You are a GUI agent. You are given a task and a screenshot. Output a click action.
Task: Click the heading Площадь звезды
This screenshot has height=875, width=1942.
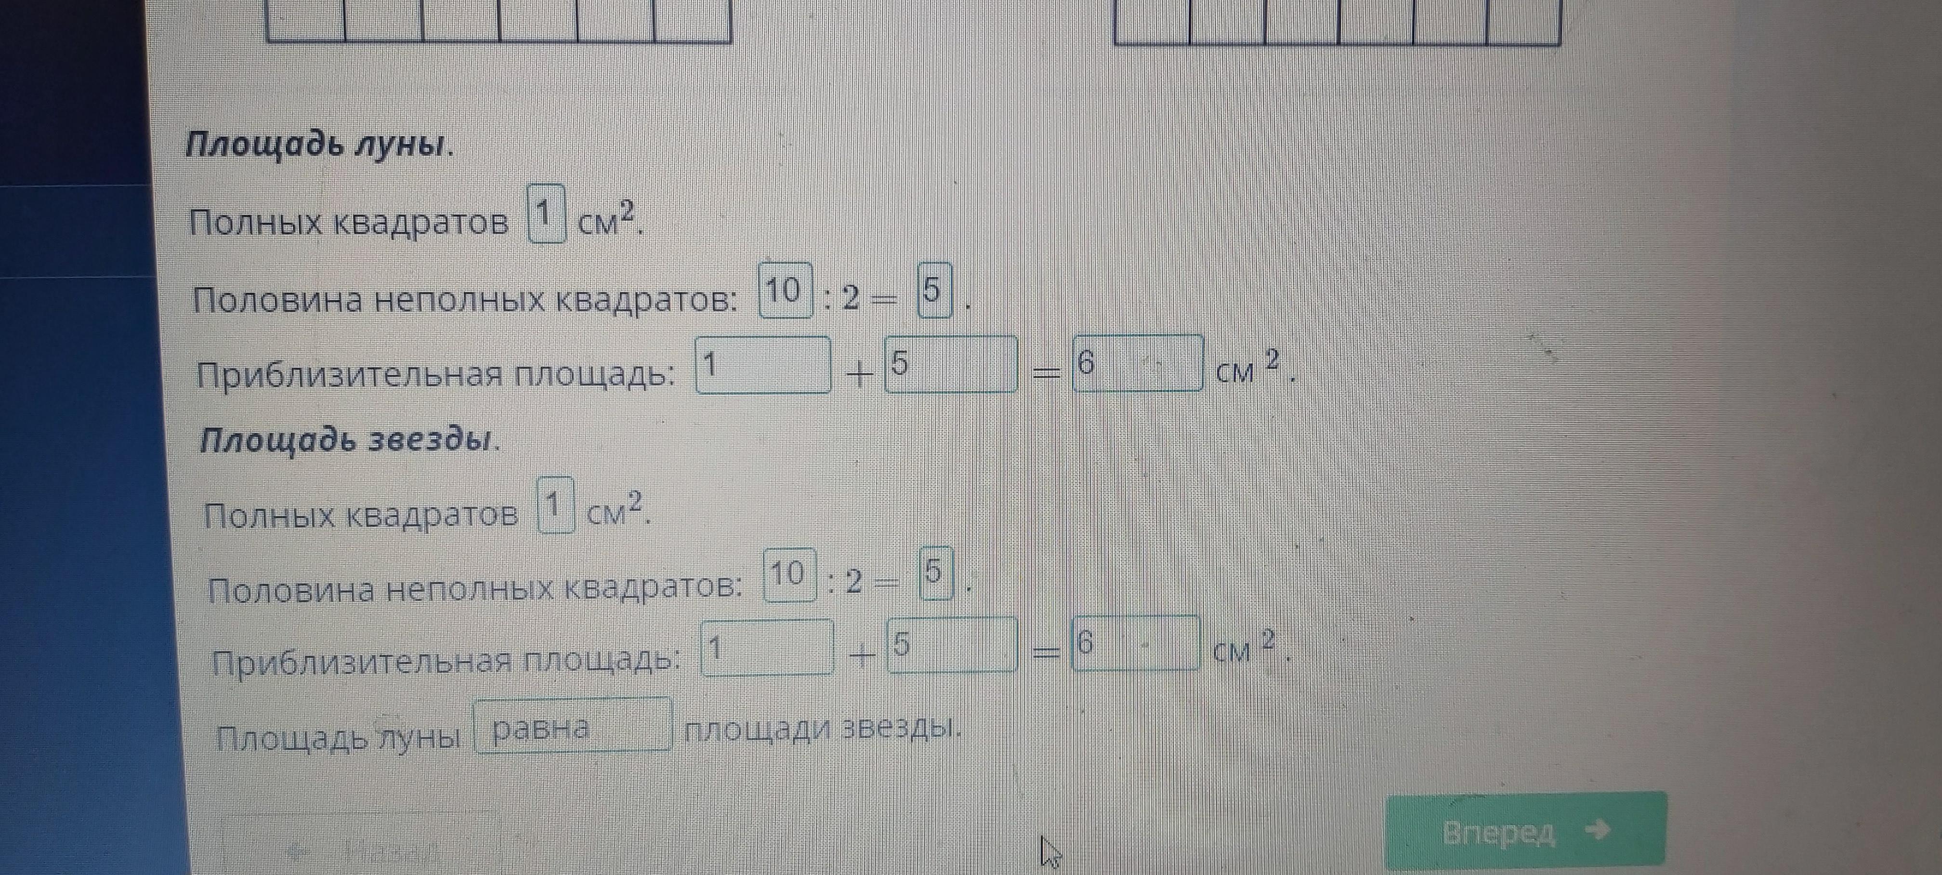point(349,440)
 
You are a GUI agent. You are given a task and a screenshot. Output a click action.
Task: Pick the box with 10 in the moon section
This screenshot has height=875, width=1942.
point(786,291)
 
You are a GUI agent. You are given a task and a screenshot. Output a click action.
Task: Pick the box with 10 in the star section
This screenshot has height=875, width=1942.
point(789,575)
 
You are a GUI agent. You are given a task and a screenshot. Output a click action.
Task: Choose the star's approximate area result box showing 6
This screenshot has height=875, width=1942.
point(1135,643)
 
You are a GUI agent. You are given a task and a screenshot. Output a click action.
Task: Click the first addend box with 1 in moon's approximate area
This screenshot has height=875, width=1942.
point(763,366)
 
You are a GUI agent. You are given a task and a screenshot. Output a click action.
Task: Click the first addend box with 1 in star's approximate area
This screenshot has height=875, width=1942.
point(767,647)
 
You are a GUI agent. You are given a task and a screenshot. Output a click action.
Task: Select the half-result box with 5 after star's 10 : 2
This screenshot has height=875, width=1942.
point(935,574)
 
